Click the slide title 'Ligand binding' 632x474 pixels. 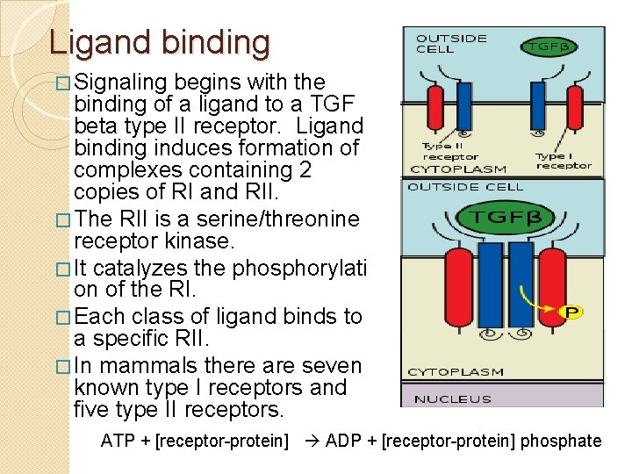160,42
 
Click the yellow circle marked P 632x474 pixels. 571,312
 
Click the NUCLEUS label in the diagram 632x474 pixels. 454,399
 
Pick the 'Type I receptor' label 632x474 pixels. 563,161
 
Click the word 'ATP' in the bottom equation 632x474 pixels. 118,441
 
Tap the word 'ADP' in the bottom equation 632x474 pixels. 342,441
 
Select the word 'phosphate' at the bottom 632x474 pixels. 561,441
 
